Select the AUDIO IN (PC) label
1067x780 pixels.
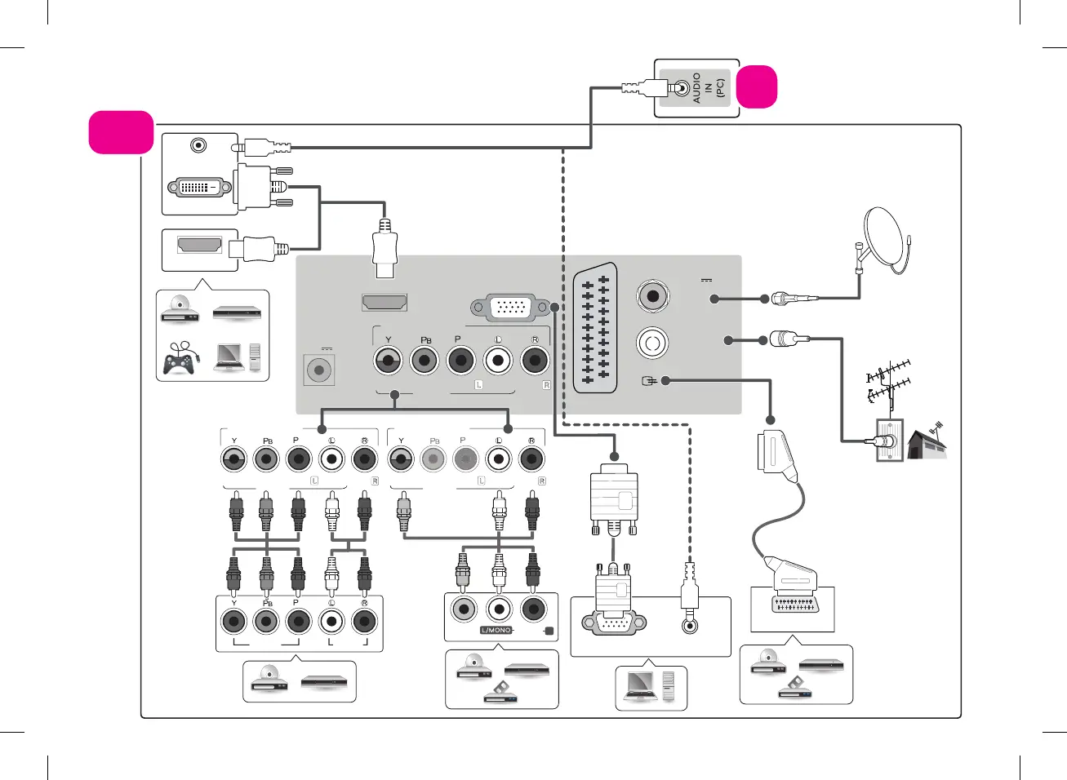(x=708, y=87)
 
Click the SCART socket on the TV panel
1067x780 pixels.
(x=595, y=330)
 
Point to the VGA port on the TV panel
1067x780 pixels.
(x=511, y=308)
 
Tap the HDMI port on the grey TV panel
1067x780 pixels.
(x=385, y=302)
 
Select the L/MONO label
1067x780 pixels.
(x=496, y=631)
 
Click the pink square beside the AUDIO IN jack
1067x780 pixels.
(x=757, y=87)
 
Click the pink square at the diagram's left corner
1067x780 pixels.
(x=121, y=132)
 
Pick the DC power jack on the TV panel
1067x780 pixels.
(x=319, y=370)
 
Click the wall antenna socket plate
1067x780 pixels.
(x=889, y=441)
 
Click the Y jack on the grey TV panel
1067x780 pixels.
(x=389, y=360)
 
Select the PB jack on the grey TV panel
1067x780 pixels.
(x=425, y=360)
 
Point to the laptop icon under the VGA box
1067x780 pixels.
(x=638, y=685)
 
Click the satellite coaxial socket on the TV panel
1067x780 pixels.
(x=652, y=295)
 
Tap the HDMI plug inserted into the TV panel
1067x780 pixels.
(x=385, y=248)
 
